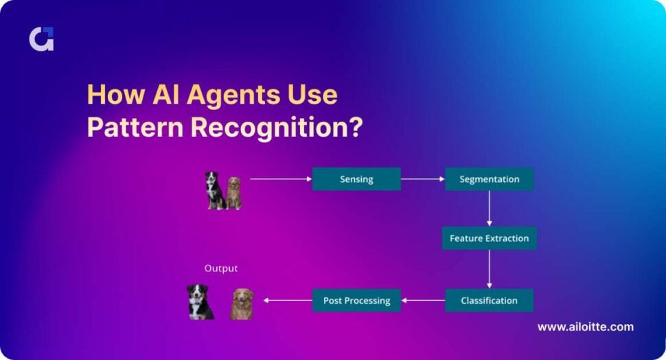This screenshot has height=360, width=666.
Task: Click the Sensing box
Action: (x=356, y=179)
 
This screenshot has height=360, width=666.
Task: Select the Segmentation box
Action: (x=489, y=179)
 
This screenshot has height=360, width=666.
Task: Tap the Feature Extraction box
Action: (x=489, y=238)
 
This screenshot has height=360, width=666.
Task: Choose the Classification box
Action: (x=489, y=300)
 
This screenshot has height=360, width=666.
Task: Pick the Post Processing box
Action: (x=356, y=300)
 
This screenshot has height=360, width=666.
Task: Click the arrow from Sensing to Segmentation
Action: (x=423, y=179)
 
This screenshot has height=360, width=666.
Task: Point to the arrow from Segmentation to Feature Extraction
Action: (x=489, y=208)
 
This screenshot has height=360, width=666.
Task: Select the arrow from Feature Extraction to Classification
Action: (x=489, y=269)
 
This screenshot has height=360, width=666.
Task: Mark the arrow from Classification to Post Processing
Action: (x=423, y=300)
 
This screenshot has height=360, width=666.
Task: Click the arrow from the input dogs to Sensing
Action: (x=280, y=179)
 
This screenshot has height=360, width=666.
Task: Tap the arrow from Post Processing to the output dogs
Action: (x=288, y=300)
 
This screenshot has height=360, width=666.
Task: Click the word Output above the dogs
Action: (x=221, y=269)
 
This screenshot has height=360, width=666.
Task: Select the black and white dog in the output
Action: (x=200, y=302)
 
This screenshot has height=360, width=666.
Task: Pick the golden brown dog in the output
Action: (x=242, y=304)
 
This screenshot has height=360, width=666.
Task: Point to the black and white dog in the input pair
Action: (x=214, y=190)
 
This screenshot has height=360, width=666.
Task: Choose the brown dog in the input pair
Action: (x=234, y=193)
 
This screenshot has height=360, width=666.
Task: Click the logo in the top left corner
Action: (x=41, y=39)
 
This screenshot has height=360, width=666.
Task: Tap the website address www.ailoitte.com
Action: (x=585, y=327)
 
